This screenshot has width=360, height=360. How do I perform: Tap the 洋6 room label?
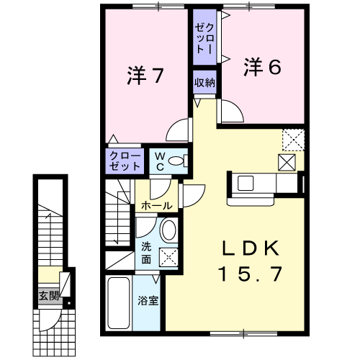pyautogui.click(x=263, y=67)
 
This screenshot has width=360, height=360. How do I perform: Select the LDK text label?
pyautogui.click(x=251, y=248)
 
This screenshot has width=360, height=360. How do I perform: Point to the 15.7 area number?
pyautogui.click(x=250, y=274)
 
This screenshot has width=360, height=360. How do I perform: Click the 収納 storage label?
pyautogui.click(x=204, y=83)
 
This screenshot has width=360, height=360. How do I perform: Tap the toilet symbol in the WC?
pyautogui.click(x=178, y=161)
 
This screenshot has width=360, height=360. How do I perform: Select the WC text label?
pyautogui.click(x=160, y=161)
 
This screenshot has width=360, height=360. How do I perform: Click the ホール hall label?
pyautogui.click(x=157, y=206)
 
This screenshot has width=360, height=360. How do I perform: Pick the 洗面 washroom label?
pyautogui.click(x=146, y=253)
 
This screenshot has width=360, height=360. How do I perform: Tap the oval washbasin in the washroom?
pyautogui.click(x=168, y=230)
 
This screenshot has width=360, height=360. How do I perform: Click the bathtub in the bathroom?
pyautogui.click(x=119, y=303)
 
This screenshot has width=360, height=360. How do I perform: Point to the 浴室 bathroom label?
pyautogui.click(x=148, y=301)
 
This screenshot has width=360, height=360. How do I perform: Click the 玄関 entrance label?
pyautogui.click(x=49, y=296)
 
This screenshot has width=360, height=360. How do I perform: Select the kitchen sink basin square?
pyautogui.click(x=246, y=183)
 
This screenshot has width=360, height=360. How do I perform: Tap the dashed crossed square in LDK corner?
pyautogui.click(x=293, y=140)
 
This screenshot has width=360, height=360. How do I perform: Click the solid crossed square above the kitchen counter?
pyautogui.click(x=287, y=163)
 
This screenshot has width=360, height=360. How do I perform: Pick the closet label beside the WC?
pyautogui.click(x=125, y=161)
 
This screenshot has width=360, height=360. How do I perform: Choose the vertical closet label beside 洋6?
pyautogui.click(x=204, y=38)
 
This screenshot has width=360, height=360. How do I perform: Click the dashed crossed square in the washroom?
pyautogui.click(x=168, y=257)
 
